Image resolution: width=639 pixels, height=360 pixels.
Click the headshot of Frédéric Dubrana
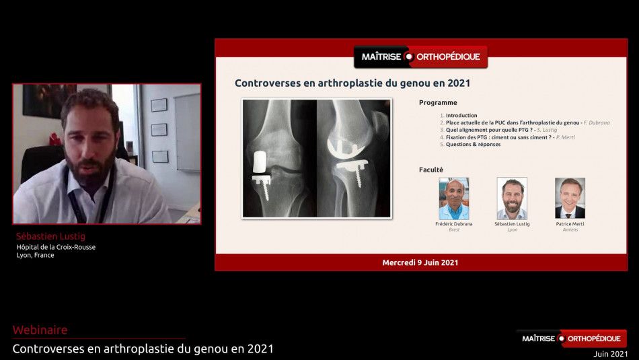click(453, 198)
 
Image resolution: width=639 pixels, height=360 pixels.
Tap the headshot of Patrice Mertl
click(570, 198)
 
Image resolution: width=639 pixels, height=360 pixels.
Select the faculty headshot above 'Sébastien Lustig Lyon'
click(512, 198)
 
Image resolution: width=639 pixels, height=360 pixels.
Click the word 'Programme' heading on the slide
click(438, 103)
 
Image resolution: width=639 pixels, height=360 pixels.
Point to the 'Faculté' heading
click(431, 170)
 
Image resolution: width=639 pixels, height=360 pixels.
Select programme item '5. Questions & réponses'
click(473, 144)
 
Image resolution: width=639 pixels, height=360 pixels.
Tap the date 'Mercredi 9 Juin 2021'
click(420, 262)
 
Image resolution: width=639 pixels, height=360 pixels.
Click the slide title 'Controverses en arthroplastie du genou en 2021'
click(352, 83)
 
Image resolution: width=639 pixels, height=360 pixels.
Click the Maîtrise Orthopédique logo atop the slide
click(420, 57)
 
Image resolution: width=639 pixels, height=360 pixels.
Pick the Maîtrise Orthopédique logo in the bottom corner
click(571, 338)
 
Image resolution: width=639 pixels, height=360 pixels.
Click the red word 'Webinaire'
click(40, 330)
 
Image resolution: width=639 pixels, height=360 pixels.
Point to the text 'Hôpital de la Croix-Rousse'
click(56, 247)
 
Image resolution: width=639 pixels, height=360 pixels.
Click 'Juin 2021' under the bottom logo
click(610, 354)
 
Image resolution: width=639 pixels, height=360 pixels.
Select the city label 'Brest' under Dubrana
click(453, 229)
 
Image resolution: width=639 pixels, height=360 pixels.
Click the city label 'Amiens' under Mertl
click(570, 229)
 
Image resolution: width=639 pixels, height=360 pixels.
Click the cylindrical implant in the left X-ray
click(260, 161)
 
